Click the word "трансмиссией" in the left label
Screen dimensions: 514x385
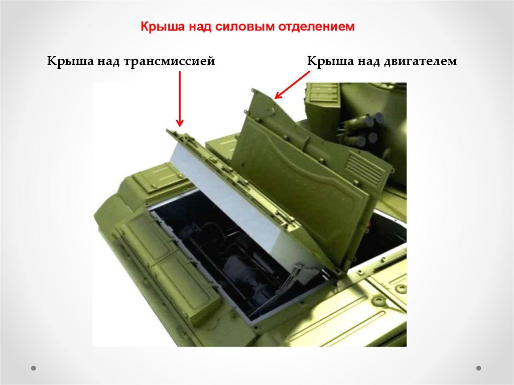click(x=169, y=61)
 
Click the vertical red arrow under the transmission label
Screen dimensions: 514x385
click(x=180, y=99)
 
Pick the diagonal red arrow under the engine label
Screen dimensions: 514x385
click(x=292, y=85)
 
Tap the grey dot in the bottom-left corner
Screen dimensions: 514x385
click(x=33, y=368)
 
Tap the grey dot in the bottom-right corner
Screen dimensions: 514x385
click(x=478, y=368)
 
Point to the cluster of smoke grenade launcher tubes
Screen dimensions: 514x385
click(x=364, y=130)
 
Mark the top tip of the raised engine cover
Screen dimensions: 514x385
click(x=253, y=89)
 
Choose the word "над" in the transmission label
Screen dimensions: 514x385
click(x=109, y=62)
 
